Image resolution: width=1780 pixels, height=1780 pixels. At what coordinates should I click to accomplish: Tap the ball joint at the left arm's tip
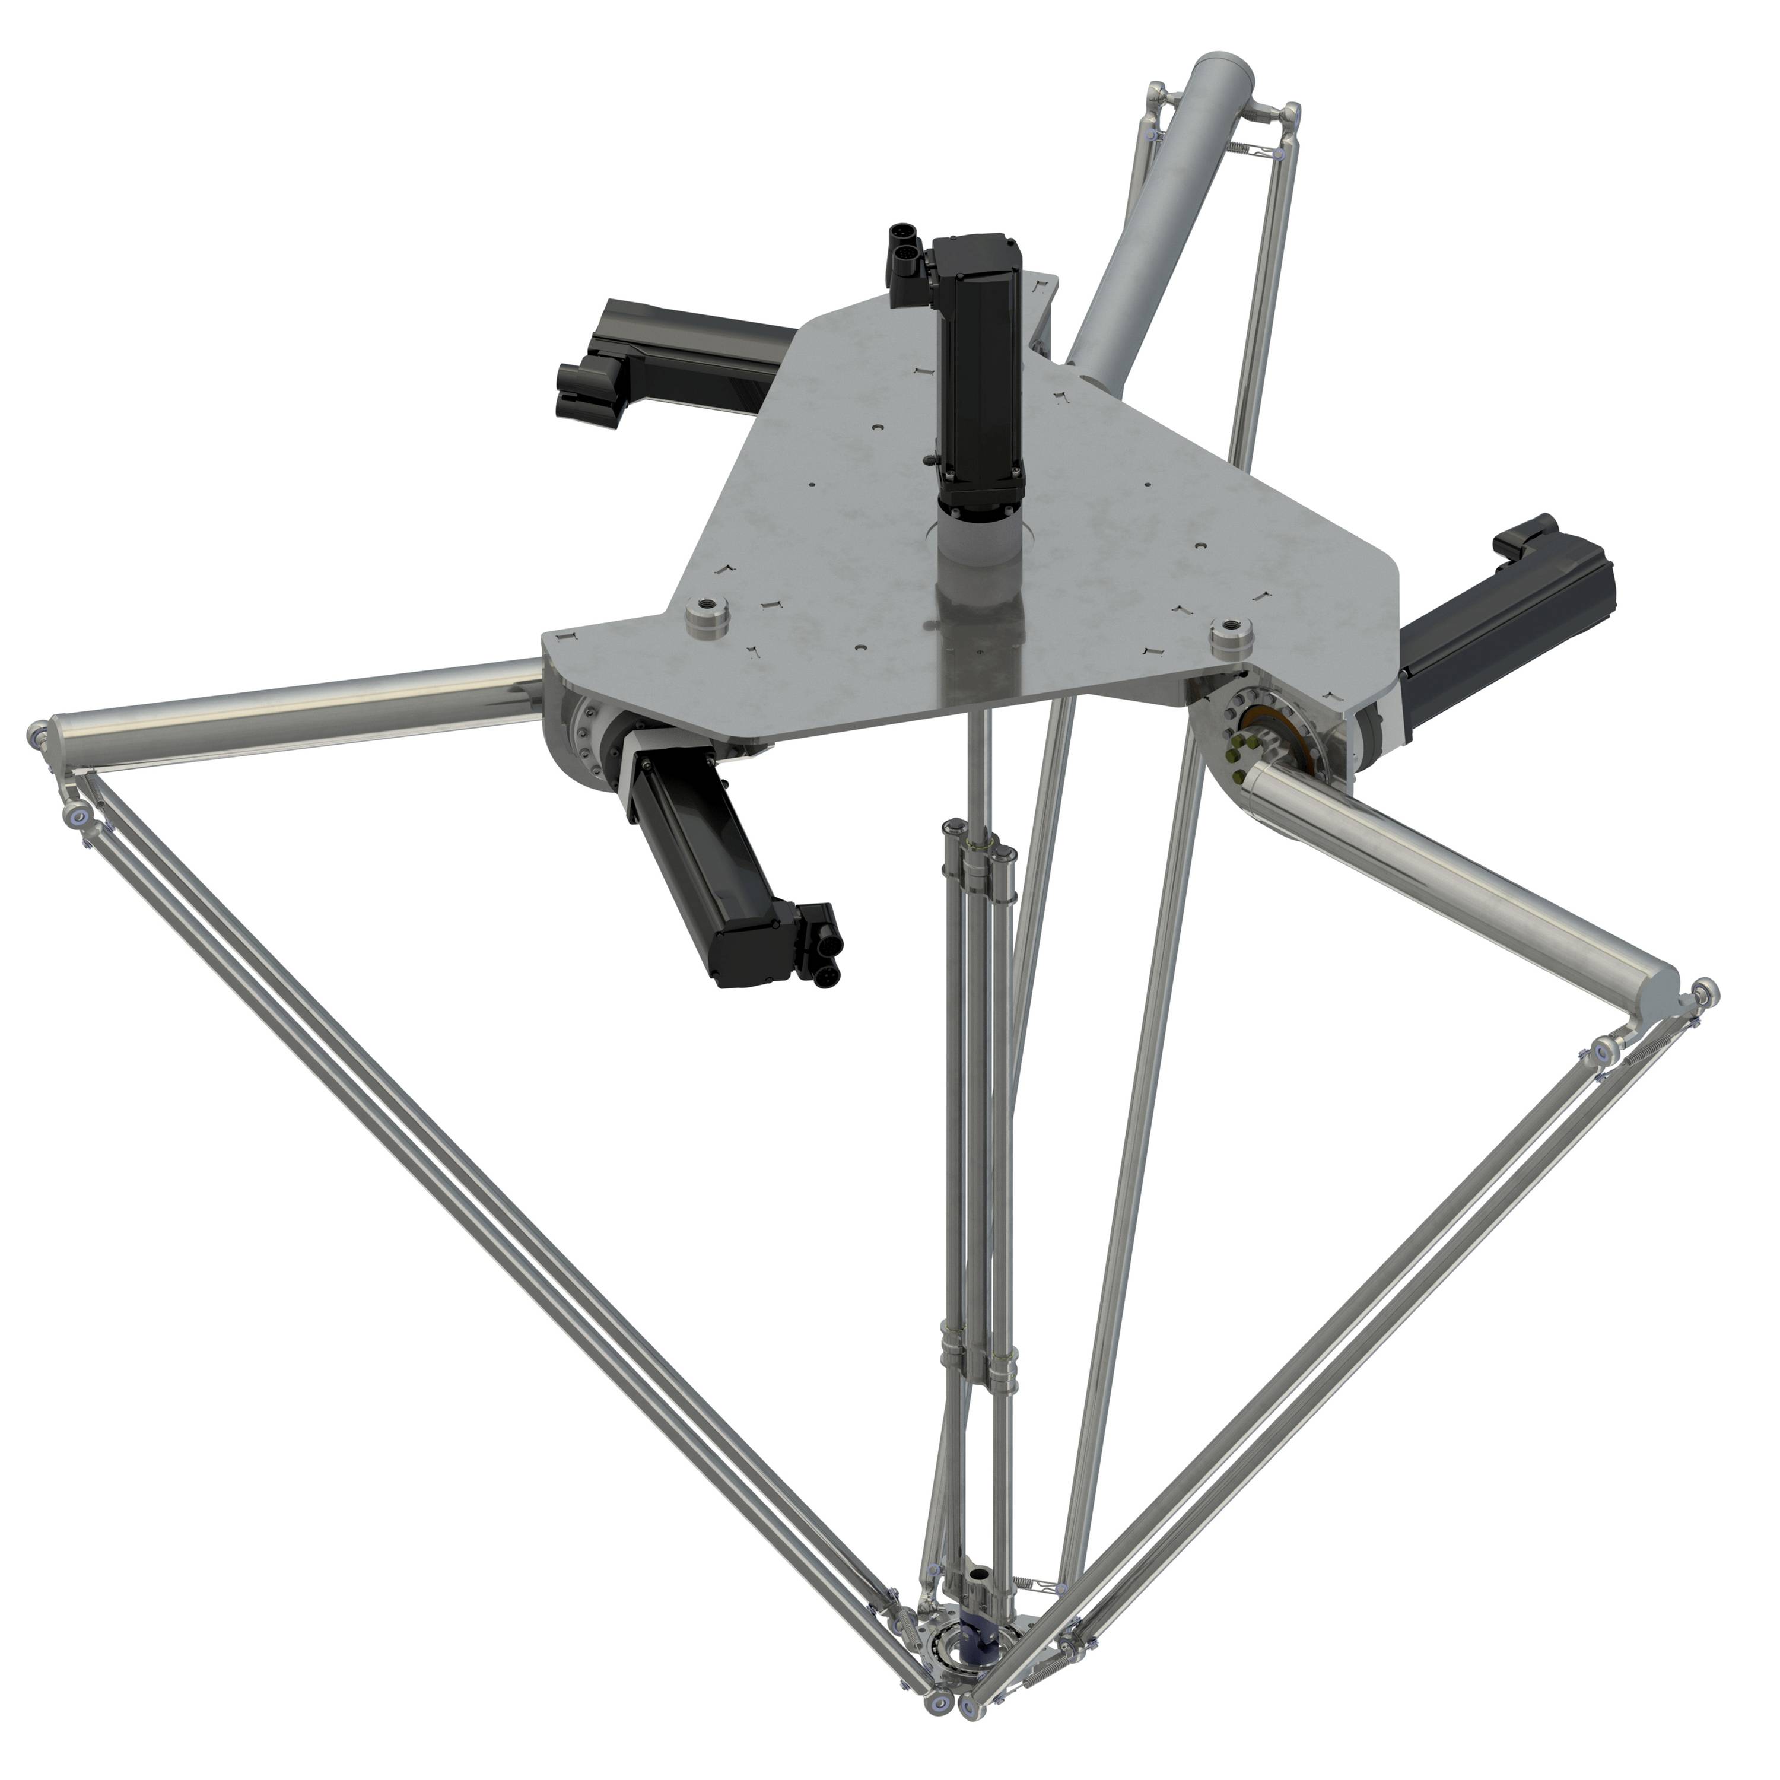tap(42, 737)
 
